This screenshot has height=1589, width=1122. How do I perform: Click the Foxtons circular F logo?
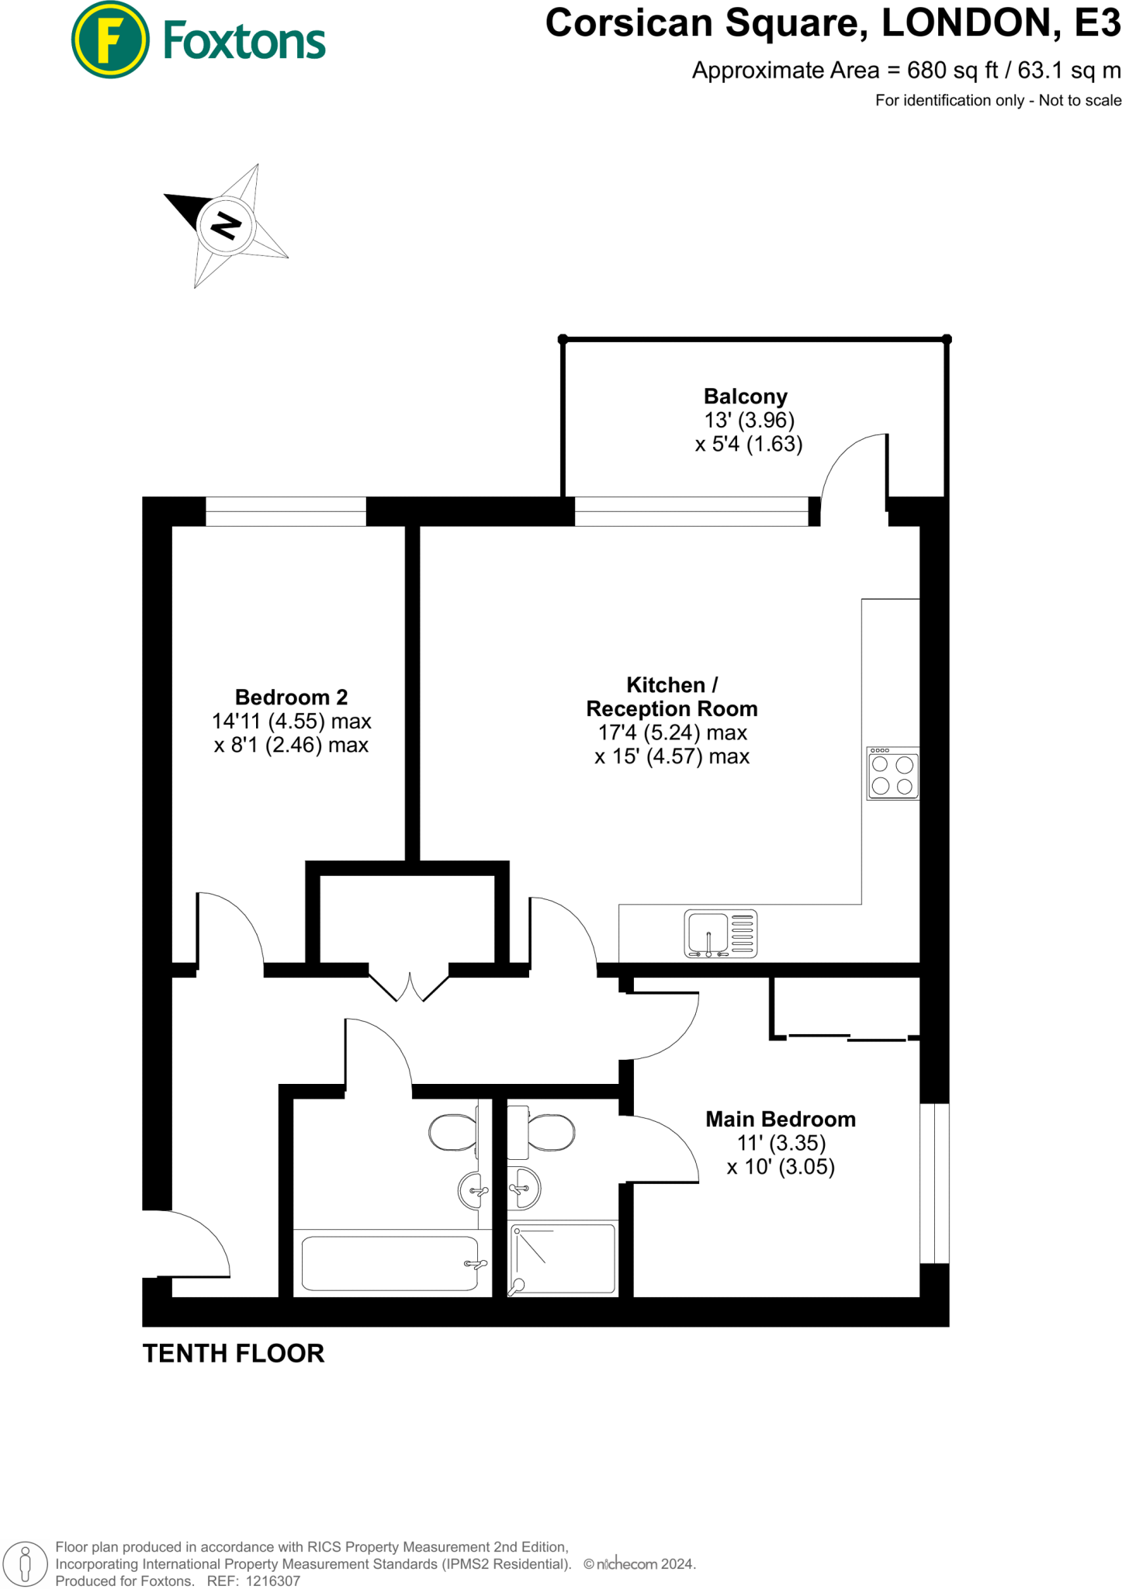[110, 40]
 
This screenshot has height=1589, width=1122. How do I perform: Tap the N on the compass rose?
[226, 225]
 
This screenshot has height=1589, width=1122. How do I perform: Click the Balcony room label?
[745, 396]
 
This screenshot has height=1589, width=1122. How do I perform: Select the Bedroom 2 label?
[291, 697]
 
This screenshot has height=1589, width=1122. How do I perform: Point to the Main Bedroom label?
[780, 1119]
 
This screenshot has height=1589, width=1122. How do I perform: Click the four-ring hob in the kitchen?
[892, 774]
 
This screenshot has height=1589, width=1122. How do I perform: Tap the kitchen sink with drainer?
[720, 933]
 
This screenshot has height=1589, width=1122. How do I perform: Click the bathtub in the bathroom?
[390, 1264]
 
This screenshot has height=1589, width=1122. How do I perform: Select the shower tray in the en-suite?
[563, 1258]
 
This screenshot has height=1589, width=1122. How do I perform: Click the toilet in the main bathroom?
[454, 1133]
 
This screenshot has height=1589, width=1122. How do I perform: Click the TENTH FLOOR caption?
[234, 1353]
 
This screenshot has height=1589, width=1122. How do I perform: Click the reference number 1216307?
[272, 1580]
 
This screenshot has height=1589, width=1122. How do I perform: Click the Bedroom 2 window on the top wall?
[286, 511]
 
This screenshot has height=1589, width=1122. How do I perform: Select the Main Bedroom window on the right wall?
[934, 1184]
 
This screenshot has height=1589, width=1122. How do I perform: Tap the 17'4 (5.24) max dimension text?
[672, 732]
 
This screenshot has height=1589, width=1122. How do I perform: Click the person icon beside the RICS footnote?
[26, 1563]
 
